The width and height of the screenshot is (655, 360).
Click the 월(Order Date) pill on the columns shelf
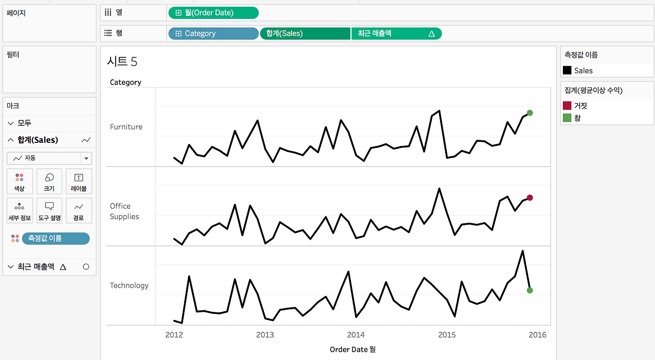tap(213, 13)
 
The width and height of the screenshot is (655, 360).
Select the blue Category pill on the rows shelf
tap(213, 33)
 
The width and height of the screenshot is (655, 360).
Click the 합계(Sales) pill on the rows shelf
tap(305, 33)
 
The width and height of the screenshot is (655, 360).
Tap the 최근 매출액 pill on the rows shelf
tap(397, 33)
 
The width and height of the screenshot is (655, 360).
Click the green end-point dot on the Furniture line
tap(530, 113)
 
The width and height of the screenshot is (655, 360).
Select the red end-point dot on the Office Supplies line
tap(530, 198)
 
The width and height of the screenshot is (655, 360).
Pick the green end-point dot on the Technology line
tap(530, 290)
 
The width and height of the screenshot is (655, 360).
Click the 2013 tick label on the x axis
tap(265, 334)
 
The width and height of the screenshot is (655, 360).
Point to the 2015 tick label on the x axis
tap(447, 334)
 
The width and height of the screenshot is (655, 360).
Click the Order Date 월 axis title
tap(353, 349)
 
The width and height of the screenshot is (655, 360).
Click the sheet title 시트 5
tap(122, 61)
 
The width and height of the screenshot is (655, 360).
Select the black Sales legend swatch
tap(567, 70)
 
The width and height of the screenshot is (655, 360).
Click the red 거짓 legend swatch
tap(567, 105)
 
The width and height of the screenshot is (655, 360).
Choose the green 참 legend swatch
tap(567, 118)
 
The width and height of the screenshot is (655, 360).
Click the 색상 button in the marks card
tap(19, 181)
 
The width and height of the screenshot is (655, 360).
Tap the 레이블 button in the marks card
tap(79, 181)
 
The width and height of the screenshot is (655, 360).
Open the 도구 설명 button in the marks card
tap(49, 210)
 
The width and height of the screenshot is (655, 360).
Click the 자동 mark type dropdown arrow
tap(86, 158)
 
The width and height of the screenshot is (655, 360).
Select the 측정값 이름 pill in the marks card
tap(56, 239)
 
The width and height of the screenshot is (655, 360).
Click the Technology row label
tap(129, 285)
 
